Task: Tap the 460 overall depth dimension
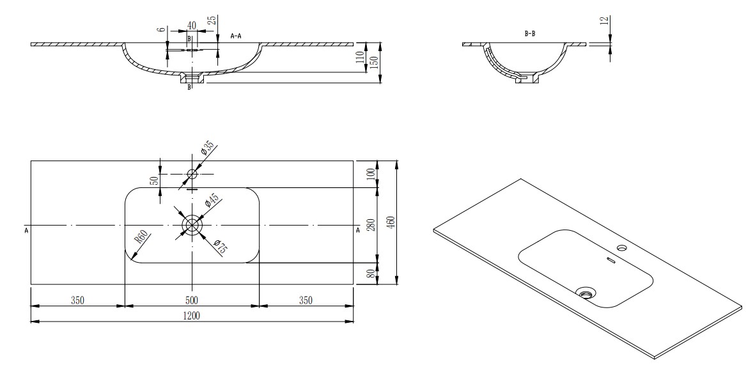[391, 222]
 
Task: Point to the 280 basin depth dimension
[371, 224]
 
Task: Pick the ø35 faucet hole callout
[207, 149]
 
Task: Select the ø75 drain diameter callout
[219, 247]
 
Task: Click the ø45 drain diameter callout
[211, 200]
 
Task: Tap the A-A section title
[237, 36]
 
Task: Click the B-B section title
[530, 34]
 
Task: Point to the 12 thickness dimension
[605, 22]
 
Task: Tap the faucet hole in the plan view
[192, 174]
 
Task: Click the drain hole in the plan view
[192, 224]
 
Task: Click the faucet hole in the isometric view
[622, 247]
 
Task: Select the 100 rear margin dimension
[371, 174]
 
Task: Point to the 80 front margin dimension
[371, 274]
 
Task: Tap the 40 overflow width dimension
[192, 25]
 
